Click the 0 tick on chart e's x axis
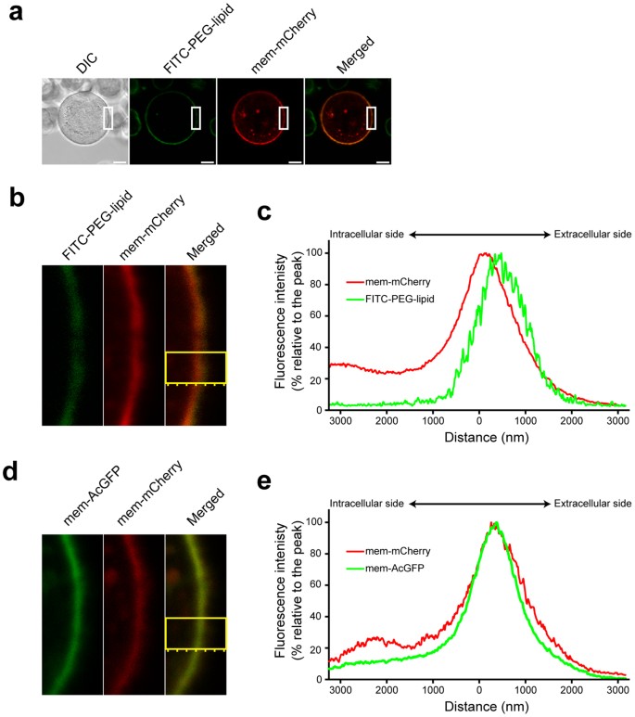(x=478, y=690)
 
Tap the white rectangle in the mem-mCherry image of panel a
(x=283, y=118)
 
